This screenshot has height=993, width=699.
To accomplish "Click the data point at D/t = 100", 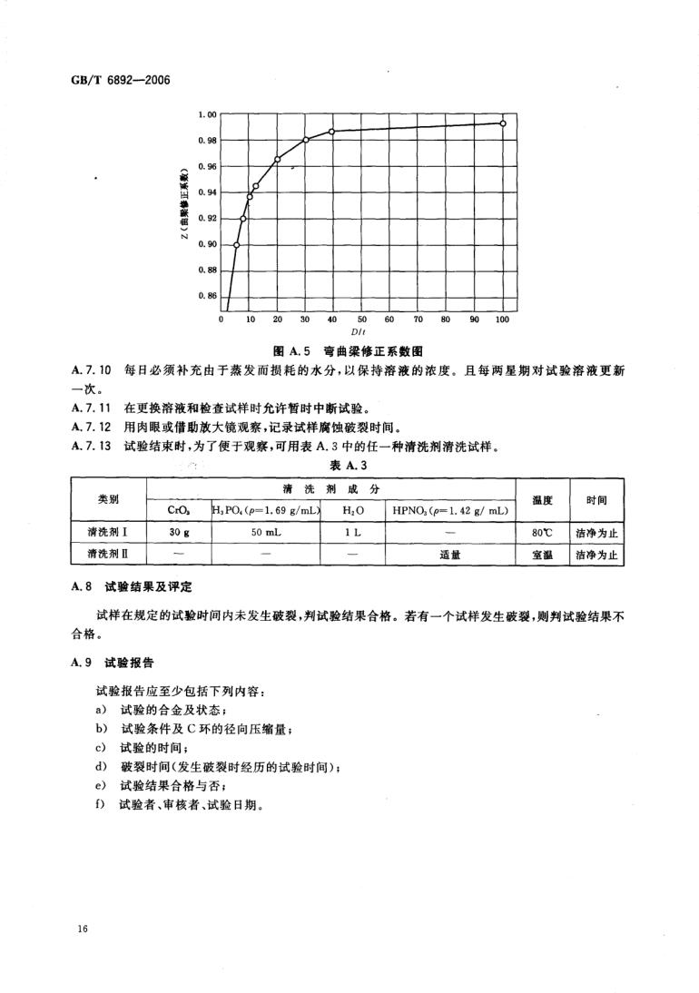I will [502, 123].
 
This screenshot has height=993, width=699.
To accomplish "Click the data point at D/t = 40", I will [332, 132].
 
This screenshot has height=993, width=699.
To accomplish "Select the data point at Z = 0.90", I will [237, 245].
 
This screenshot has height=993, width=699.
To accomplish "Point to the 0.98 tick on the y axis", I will [208, 140].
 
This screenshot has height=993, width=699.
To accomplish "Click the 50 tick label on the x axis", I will [361, 320].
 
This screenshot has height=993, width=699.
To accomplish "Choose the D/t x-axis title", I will [361, 332].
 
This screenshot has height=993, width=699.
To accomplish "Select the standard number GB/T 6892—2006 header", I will [121, 78].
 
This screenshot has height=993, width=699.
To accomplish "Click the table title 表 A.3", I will [349, 466].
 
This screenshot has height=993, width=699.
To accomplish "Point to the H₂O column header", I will [353, 511].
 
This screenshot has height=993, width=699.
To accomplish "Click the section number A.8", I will [83, 587].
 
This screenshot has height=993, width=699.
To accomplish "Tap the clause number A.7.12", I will [90, 426].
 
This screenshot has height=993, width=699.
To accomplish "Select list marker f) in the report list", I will [99, 803].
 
